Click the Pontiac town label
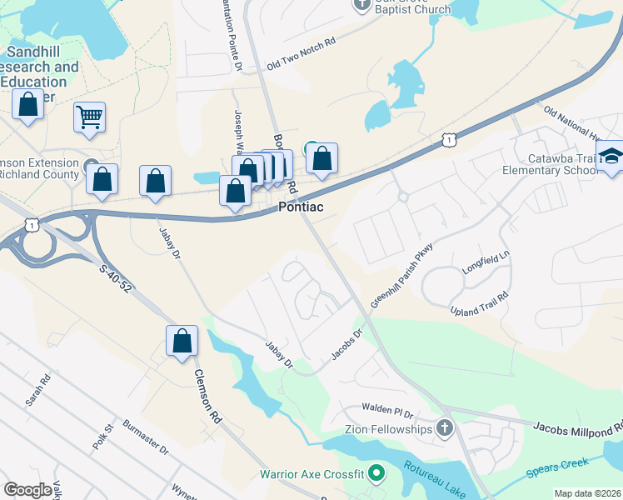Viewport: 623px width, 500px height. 300,207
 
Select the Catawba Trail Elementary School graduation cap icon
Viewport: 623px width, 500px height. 610,157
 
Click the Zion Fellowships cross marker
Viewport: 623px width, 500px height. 445,428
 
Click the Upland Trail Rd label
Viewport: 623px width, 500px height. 479,306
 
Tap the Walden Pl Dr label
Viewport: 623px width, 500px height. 387,410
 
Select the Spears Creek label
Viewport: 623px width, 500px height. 557,468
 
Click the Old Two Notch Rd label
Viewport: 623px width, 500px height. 301,53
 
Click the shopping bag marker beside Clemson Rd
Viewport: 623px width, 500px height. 182,341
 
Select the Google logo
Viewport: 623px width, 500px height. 28,489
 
